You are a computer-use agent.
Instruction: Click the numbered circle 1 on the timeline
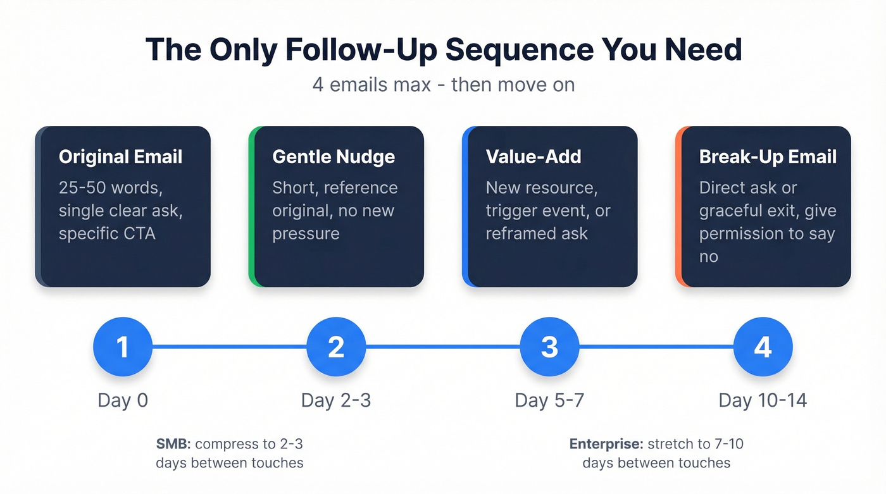tap(123, 347)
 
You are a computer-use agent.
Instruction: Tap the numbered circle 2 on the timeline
tap(336, 347)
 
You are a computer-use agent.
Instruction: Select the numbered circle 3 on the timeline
tap(549, 347)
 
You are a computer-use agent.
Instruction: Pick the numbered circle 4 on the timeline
tap(763, 347)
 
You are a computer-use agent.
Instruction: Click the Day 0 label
tap(123, 400)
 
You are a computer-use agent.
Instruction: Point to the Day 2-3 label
tap(336, 400)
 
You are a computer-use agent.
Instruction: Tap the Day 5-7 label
tap(549, 400)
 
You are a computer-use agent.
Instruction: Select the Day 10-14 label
tap(763, 400)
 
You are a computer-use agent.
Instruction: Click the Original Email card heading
tap(120, 157)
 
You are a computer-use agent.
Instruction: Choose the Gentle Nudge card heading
tap(334, 157)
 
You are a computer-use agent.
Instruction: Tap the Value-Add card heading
tap(533, 157)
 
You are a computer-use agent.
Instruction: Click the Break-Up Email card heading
tap(768, 157)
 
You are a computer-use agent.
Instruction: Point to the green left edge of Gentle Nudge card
tap(251, 207)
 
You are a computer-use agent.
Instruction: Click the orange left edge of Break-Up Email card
tap(678, 207)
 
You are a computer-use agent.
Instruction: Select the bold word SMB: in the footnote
tap(172, 444)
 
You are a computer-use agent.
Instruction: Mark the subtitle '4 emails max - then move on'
tap(443, 84)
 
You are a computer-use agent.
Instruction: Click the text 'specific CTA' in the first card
tap(107, 233)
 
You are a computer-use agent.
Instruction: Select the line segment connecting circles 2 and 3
tap(443, 347)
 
